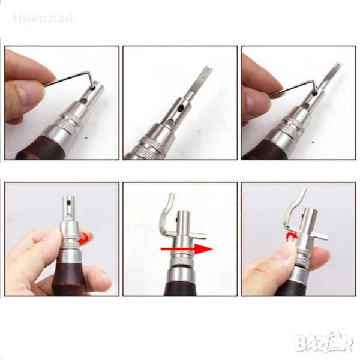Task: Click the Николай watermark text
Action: pyautogui.click(x=43, y=19)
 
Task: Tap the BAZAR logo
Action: pyautogui.click(x=324, y=343)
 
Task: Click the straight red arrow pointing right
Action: pyautogui.click(x=187, y=249)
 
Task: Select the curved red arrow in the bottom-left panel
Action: pyautogui.click(x=83, y=238)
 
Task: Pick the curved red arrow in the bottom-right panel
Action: pyautogui.click(x=292, y=237)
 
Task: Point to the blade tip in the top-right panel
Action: pyautogui.click(x=338, y=65)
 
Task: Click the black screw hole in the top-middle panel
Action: pyautogui.click(x=182, y=107)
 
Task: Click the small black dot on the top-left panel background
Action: pyautogui.click(x=86, y=138)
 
